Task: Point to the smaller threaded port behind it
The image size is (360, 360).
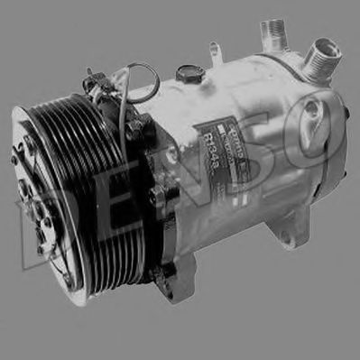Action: click(275, 34)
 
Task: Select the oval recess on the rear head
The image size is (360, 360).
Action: click(311, 113)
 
